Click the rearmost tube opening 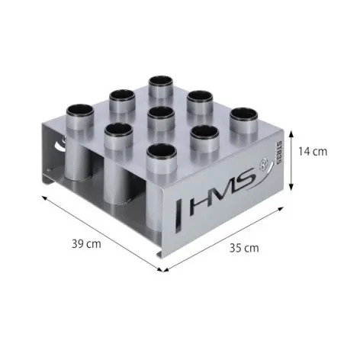click(161, 81)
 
